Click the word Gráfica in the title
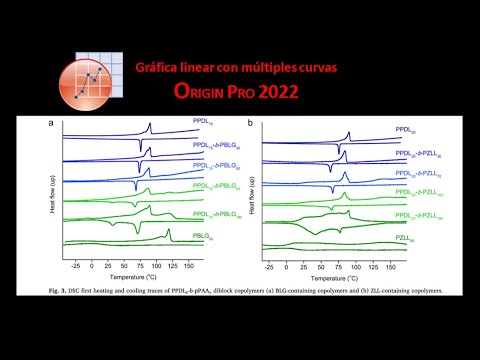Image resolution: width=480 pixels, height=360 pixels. [162, 67]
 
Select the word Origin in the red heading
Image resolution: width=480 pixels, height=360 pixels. [209, 92]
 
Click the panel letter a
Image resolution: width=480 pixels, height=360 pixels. [51, 123]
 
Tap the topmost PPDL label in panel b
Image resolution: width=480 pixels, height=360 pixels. [405, 129]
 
